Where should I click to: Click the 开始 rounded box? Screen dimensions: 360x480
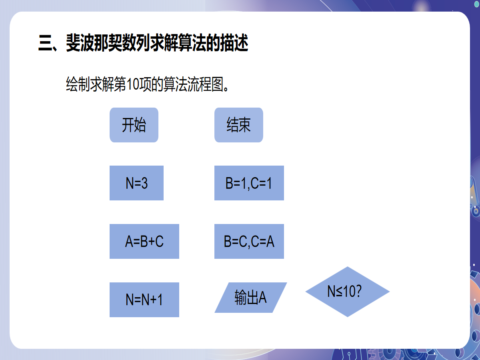coord(134,125)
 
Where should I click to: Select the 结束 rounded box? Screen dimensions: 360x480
coord(239,125)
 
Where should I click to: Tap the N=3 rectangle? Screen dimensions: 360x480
coord(136,183)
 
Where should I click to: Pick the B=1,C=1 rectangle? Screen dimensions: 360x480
coord(249,183)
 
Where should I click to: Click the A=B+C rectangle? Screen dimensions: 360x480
coord(144,241)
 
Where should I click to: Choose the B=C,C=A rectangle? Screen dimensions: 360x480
coord(249,241)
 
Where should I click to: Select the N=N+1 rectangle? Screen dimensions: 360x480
coord(144,300)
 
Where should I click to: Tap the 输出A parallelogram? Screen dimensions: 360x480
coord(251,298)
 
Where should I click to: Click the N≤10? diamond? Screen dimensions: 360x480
coord(347,292)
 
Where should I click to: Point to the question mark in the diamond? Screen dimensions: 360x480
coord(358,292)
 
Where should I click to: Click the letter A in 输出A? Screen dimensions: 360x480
coord(262,298)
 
